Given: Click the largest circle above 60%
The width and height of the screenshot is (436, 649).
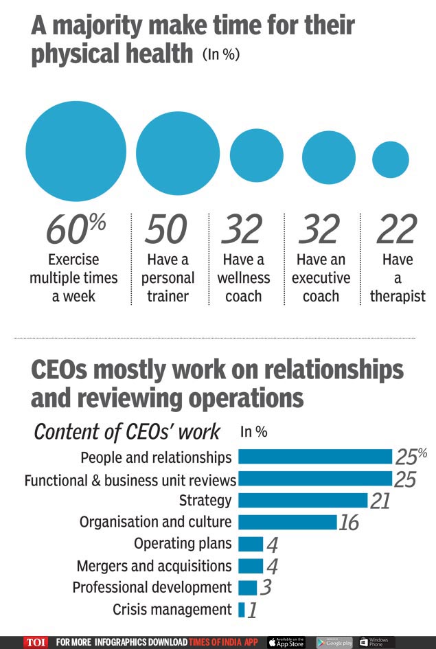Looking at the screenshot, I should tap(76, 151).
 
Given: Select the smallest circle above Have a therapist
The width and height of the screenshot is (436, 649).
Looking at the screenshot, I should tap(390, 159).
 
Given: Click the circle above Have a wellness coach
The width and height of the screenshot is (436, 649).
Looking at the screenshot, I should tap(257, 155).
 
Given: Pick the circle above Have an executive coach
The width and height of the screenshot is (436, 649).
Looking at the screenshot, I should tap(329, 157).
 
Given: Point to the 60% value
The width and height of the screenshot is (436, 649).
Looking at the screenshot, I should tap(76, 230).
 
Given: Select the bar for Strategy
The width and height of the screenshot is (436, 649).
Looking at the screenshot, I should tap(303, 500).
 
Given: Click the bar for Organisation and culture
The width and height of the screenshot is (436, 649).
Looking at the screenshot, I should tap(287, 522).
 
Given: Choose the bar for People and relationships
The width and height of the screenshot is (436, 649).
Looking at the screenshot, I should tap(314, 457).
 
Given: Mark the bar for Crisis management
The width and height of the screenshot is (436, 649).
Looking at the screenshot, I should tap(241, 609).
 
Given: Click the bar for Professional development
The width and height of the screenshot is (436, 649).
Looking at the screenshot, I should tap(247, 588).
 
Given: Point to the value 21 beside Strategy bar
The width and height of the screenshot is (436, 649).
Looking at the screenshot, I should tap(380, 501).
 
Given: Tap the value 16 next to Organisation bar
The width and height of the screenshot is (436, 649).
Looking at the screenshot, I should tap(349, 523).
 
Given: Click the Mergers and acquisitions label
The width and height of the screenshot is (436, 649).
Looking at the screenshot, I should tap(154, 566).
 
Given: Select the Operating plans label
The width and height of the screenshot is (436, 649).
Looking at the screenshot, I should tap(183, 544).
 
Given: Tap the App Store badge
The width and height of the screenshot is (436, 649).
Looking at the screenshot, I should tap(286, 642).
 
